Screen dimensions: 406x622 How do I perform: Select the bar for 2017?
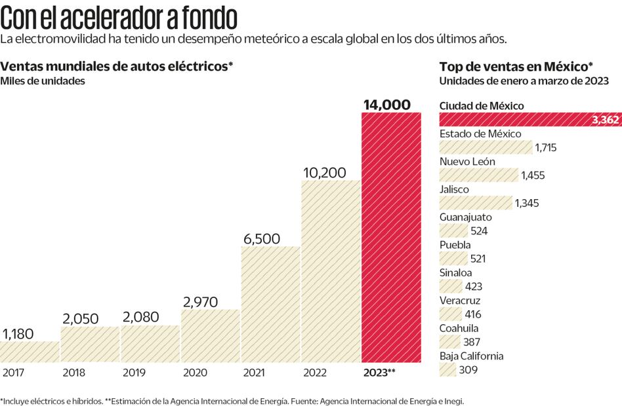coord(30,352)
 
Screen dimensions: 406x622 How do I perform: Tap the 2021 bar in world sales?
coord(270,304)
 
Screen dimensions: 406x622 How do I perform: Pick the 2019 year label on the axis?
coord(133,373)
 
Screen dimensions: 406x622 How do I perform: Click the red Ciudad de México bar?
coord(512,120)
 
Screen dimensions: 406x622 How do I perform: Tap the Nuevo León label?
coord(467,162)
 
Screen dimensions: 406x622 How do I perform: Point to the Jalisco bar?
coord(475,202)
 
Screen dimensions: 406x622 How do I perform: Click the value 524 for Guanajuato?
coord(479,231)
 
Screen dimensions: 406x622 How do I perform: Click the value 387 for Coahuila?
coord(471,342)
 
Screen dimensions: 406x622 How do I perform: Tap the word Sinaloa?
coord(455,272)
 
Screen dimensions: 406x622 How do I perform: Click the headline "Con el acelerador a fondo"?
coord(119,16)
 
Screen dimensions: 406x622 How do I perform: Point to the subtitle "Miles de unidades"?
coord(43,81)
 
